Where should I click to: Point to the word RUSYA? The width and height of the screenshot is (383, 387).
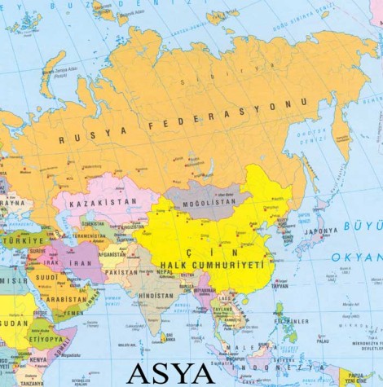point(94,136)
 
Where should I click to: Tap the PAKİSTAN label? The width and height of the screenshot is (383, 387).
point(121,272)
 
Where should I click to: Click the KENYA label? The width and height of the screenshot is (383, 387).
point(38,358)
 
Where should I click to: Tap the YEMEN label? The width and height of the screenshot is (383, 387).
point(73,313)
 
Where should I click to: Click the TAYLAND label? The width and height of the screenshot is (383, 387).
point(223,310)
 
